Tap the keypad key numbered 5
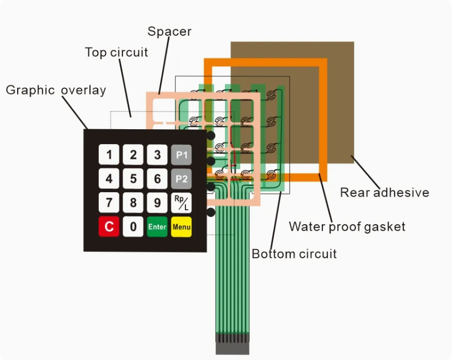pos(133,179)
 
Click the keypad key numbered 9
pos(157,203)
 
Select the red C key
pos(109,226)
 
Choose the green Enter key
pos(157,226)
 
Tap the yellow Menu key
pos(182,226)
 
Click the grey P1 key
pos(182,155)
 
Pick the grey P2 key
pos(182,179)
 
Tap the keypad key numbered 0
pos(133,226)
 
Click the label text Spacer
pos(169,31)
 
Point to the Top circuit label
pos(116,52)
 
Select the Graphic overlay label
pos(56,90)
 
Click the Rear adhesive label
pos(384,193)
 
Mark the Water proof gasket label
pos(347,226)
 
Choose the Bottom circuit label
pos(294,254)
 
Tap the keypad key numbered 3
pos(157,155)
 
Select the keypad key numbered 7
pos(109,203)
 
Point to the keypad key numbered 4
pos(109,179)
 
